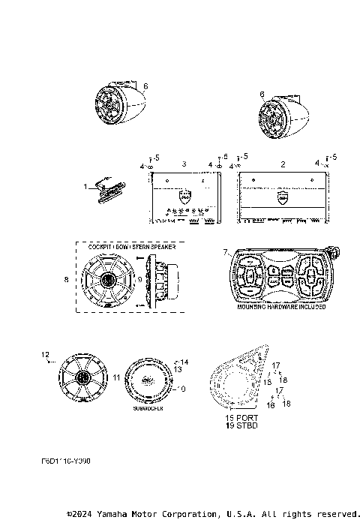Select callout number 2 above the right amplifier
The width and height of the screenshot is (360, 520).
click(x=282, y=163)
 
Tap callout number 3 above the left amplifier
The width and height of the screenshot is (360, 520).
click(x=184, y=163)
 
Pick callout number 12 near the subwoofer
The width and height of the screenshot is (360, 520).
click(x=45, y=353)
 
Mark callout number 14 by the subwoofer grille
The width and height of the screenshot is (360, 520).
click(x=185, y=362)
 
